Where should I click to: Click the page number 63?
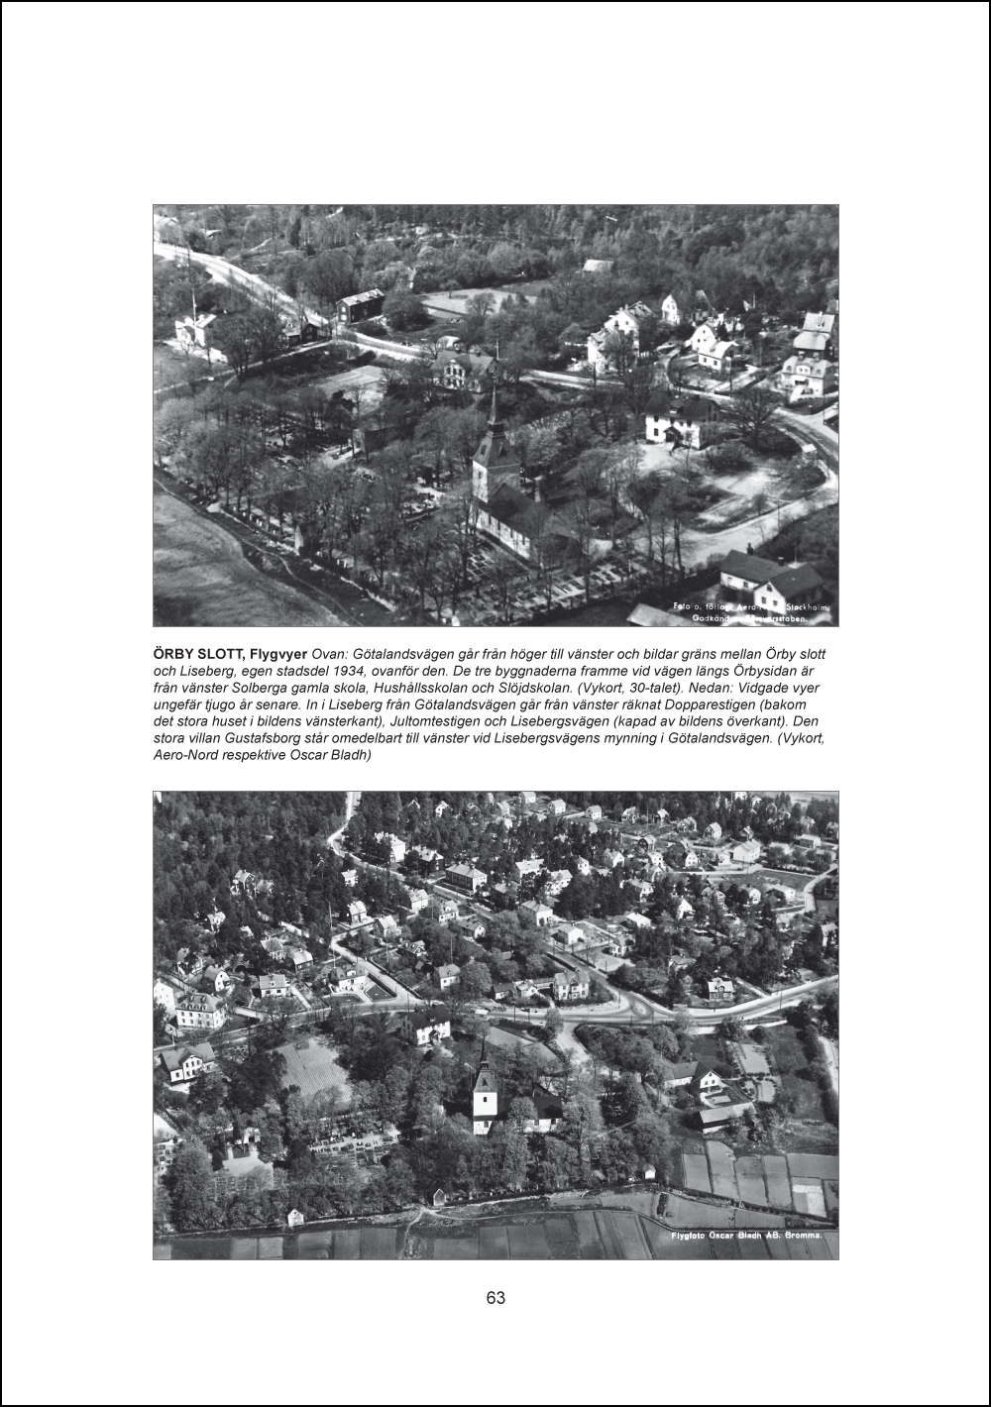pyautogui.click(x=495, y=1298)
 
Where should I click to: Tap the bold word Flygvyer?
pyautogui.click(x=278, y=655)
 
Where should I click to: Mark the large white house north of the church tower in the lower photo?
pyautogui.click(x=429, y=1026)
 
